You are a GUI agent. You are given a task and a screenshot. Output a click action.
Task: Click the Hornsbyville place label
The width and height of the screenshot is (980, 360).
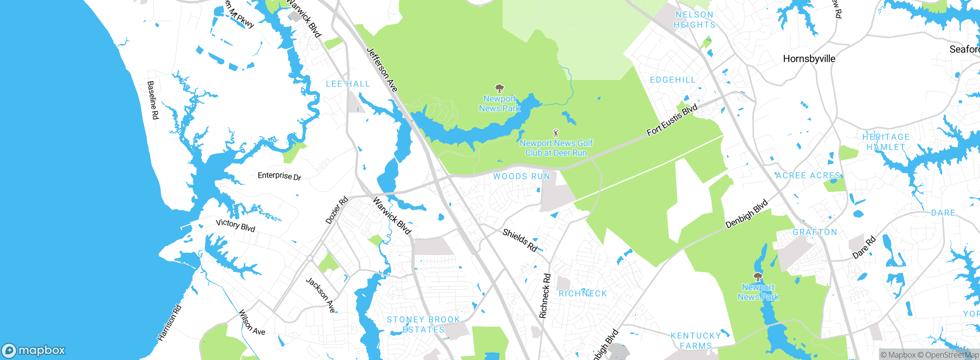click(x=809, y=59)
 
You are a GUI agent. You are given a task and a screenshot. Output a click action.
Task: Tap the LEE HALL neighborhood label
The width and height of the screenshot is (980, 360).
click(x=348, y=84)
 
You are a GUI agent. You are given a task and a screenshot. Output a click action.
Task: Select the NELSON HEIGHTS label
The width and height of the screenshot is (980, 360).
click(x=694, y=20)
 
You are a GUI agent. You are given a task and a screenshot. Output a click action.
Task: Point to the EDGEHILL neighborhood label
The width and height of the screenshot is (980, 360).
click(x=673, y=80)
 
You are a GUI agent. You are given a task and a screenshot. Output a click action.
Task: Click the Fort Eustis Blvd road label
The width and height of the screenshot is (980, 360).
click(x=672, y=120)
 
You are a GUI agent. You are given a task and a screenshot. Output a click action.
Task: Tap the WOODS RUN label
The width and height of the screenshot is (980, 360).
click(x=521, y=176)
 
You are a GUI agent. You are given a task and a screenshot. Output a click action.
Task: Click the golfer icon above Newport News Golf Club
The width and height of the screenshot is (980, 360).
click(x=556, y=133)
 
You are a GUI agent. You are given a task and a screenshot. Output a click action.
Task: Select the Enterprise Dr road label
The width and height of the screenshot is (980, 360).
click(x=279, y=176)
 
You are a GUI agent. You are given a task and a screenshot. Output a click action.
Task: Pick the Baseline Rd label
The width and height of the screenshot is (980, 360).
click(x=153, y=100)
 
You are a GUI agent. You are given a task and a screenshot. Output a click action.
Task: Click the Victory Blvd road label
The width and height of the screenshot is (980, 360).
click(x=235, y=225)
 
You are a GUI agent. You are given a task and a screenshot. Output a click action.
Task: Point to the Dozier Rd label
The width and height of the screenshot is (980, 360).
click(x=337, y=210)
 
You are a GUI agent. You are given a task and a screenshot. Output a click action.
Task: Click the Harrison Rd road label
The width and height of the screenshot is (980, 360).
click(x=169, y=323)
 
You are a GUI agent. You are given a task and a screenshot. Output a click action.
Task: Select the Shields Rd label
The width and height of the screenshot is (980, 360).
click(x=520, y=240)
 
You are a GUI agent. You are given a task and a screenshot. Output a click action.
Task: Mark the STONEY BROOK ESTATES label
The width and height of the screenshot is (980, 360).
click(x=423, y=324)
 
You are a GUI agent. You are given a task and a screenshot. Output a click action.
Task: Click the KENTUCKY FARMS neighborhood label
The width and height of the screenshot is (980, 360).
click(x=696, y=340)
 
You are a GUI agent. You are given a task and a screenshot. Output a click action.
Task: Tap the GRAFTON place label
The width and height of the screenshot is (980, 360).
click(x=815, y=232)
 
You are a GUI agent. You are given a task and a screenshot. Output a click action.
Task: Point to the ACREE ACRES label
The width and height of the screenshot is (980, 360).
click(x=808, y=175)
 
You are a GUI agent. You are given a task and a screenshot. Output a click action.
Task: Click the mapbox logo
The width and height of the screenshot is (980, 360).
click(x=34, y=350)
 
